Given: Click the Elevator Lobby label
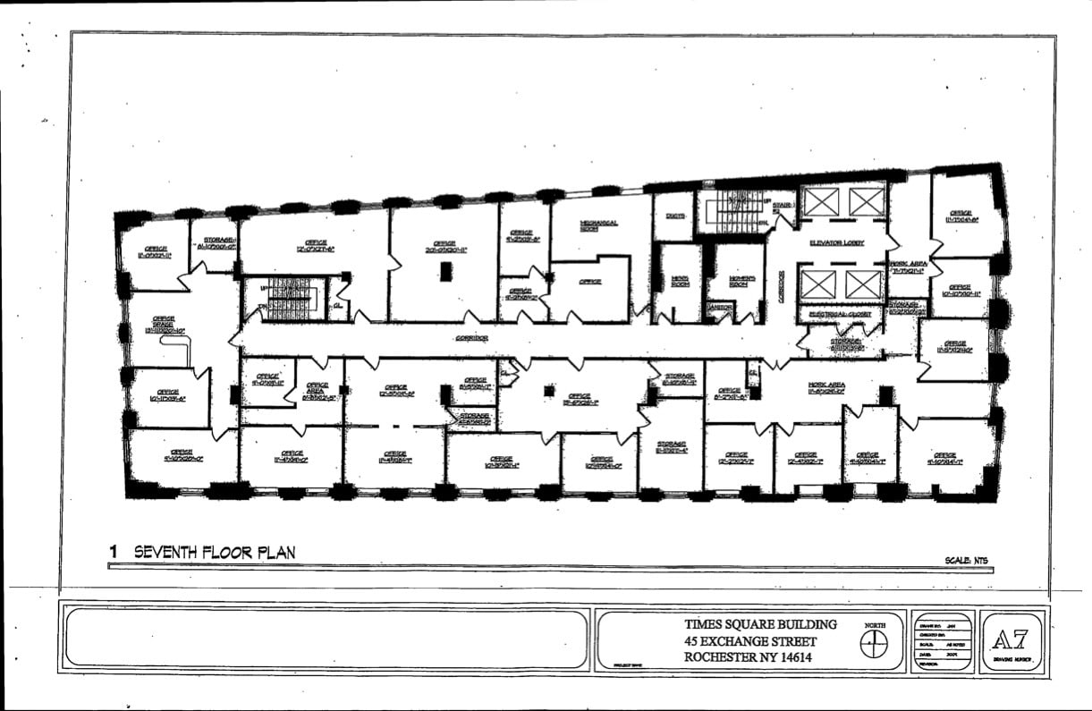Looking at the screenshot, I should click(836, 242).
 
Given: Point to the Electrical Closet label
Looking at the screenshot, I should click(840, 315).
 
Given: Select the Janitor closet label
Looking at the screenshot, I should click(720, 307).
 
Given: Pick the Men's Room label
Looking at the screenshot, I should click(681, 280).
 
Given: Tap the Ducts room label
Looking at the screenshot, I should click(674, 216).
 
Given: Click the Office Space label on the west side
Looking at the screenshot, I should click(164, 323).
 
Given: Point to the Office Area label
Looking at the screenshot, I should click(317, 387).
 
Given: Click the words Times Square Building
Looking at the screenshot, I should click(760, 624).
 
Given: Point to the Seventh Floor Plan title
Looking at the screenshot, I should click(214, 552).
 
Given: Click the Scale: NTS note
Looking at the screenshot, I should click(966, 561).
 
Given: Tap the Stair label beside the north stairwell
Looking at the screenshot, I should click(783, 205).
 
